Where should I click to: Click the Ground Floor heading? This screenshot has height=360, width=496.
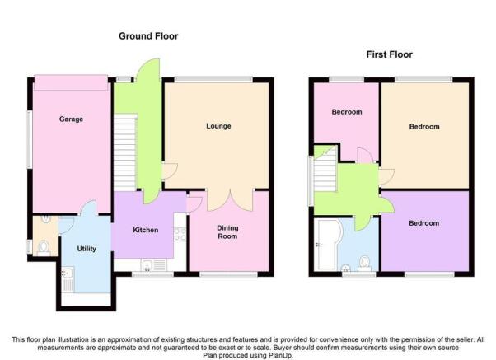[x=148, y=36]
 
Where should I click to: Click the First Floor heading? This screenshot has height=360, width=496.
[x=390, y=54]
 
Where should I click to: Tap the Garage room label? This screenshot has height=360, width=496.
[x=71, y=119]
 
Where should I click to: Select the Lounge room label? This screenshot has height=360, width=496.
[x=218, y=126]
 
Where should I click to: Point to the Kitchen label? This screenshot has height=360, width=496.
[x=146, y=230]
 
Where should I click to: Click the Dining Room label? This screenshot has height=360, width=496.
[x=227, y=231]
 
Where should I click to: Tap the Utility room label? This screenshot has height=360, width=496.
[x=87, y=249]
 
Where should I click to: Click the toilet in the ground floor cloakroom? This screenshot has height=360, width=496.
[x=44, y=248]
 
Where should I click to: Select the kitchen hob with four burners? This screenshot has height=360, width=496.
[x=180, y=234]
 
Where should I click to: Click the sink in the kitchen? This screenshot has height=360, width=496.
[x=154, y=265]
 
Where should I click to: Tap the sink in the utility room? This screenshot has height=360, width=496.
[x=68, y=279]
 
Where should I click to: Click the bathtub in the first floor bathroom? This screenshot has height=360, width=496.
[x=329, y=245]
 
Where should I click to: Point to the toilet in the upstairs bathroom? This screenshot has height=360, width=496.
[x=365, y=264]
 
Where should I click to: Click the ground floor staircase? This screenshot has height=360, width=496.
[x=125, y=152]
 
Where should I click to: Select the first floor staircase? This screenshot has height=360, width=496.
[x=325, y=168]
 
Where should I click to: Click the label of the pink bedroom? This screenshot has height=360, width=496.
[x=347, y=112]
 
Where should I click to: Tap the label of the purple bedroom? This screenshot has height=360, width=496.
[x=423, y=223]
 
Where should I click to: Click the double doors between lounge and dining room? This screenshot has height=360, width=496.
[x=230, y=200]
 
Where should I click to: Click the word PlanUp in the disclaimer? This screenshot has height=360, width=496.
[x=280, y=355]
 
